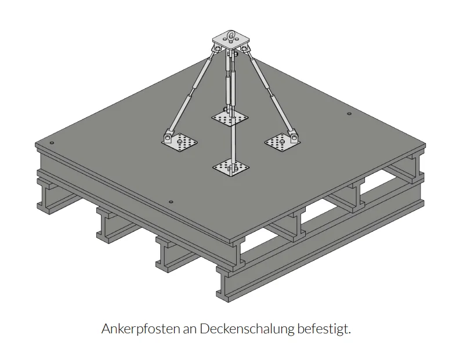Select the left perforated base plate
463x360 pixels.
tap(179, 142)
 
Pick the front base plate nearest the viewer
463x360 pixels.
tap(230, 168)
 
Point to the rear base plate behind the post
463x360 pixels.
tap(230, 118)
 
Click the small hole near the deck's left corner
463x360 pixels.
tap(52, 143)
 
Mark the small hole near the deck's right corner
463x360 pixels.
tap(349, 114)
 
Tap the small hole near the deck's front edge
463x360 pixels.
tap(171, 202)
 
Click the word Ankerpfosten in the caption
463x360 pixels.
tap(141, 329)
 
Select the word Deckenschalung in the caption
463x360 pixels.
tap(247, 329)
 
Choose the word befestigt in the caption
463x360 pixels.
tap(324, 329)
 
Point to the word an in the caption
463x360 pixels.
tap(190, 330)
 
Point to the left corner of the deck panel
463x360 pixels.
tap(36, 144)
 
